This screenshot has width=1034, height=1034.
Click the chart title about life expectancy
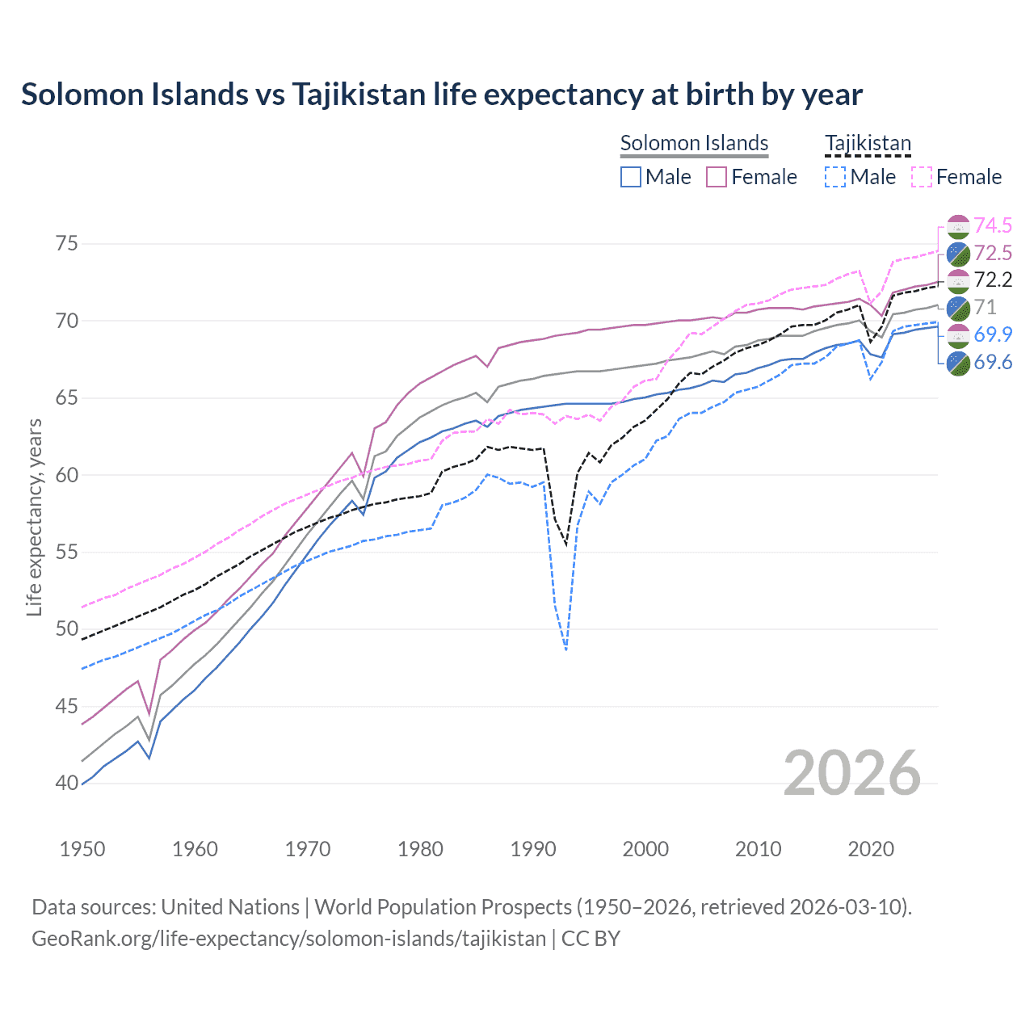click(x=441, y=95)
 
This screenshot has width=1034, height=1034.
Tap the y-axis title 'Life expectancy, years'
click(x=34, y=517)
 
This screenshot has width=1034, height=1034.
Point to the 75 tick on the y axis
click(x=67, y=244)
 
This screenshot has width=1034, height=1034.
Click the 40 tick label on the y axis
click(x=67, y=783)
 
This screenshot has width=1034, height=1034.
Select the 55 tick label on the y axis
click(x=67, y=552)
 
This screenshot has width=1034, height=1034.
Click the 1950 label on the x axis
click(x=82, y=849)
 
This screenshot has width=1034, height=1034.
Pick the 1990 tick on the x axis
click(x=533, y=849)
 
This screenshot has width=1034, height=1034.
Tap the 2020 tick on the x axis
click(x=871, y=849)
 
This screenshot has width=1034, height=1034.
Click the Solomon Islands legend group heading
click(x=694, y=143)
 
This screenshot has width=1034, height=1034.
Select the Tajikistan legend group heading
click(x=868, y=143)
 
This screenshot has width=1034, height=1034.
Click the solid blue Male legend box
click(x=631, y=177)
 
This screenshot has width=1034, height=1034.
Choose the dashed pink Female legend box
click(x=922, y=177)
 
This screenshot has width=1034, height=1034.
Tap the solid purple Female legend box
click(x=717, y=177)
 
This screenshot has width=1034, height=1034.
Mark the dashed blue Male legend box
click(x=835, y=177)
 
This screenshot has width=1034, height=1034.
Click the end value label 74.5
click(x=993, y=225)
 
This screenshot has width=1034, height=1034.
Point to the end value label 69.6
click(x=993, y=362)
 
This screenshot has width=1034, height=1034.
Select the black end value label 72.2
click(x=993, y=280)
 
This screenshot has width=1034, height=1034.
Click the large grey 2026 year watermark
click(x=851, y=773)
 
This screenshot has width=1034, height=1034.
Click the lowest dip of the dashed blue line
click(x=566, y=649)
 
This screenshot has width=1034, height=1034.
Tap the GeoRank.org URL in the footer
click(x=288, y=939)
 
